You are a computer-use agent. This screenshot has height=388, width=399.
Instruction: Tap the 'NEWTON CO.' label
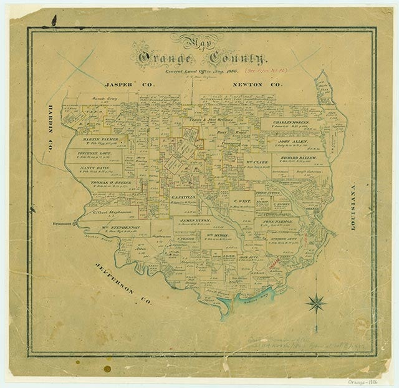(x=257, y=83)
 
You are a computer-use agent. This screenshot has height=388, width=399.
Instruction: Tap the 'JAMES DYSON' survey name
(x=195, y=220)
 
